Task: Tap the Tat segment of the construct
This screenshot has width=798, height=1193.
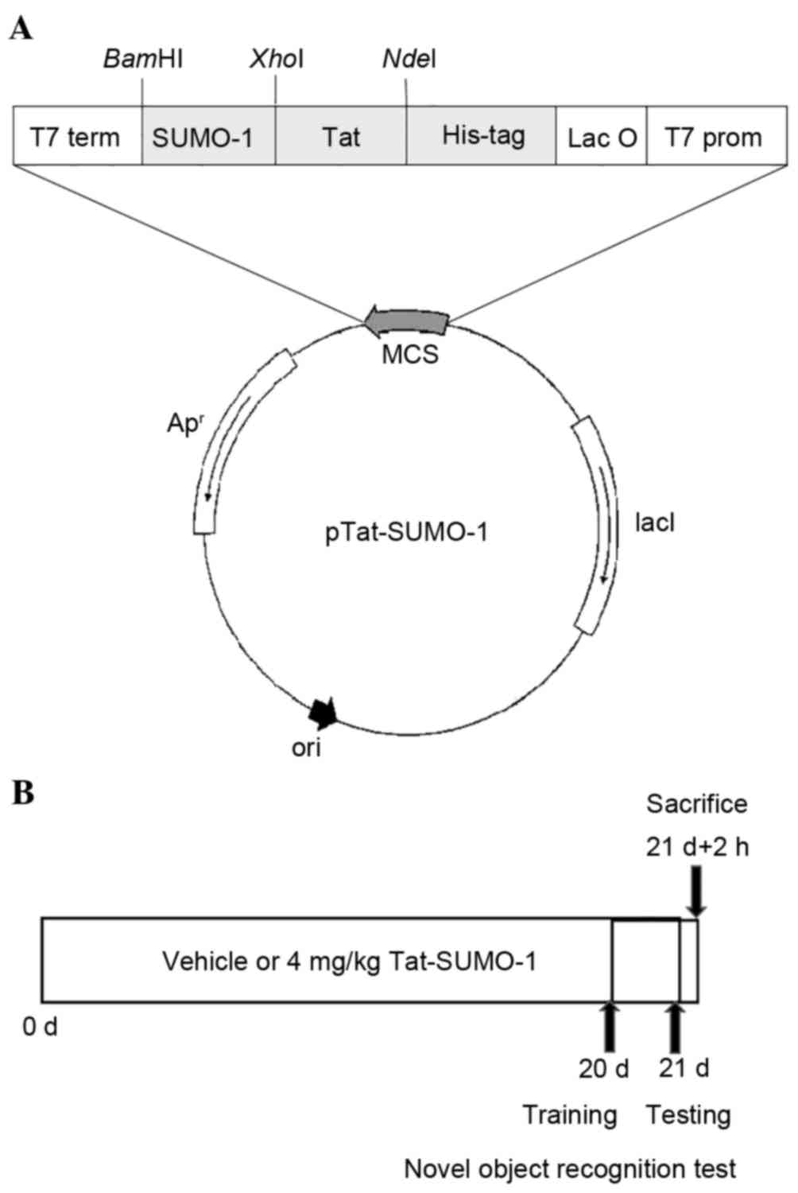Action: pyautogui.click(x=341, y=137)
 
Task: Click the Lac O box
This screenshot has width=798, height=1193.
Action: pyautogui.click(x=602, y=137)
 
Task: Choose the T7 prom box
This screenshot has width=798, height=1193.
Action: pyautogui.click(x=712, y=137)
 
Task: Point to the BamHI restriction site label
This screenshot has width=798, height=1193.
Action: pyautogui.click(x=143, y=60)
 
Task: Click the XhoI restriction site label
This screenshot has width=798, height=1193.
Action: pyautogui.click(x=276, y=60)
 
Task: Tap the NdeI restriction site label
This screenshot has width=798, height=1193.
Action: pyautogui.click(x=409, y=60)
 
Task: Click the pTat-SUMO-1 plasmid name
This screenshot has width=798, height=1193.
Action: pyautogui.click(x=406, y=531)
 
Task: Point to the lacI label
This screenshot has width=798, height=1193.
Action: pyautogui.click(x=655, y=523)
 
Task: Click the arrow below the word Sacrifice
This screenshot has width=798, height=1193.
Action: pyautogui.click(x=697, y=891)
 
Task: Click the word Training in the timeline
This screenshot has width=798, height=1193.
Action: pyautogui.click(x=569, y=1114)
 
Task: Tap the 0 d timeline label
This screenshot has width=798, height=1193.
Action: pyautogui.click(x=40, y=1027)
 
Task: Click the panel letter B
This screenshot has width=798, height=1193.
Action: pyautogui.click(x=23, y=793)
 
